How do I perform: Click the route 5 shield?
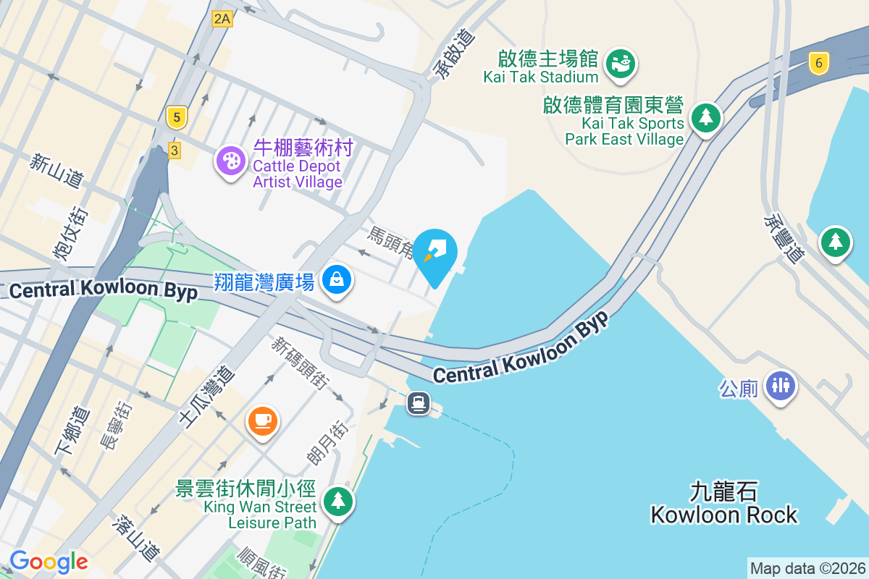176,117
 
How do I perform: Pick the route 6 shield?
819,63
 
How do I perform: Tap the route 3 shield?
174,151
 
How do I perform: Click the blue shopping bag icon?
337,279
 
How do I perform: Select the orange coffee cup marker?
262,420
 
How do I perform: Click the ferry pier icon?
419,402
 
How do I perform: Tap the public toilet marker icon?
781,385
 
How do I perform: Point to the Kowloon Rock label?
723,504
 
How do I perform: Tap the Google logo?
49,561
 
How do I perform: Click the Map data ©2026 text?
807,568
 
